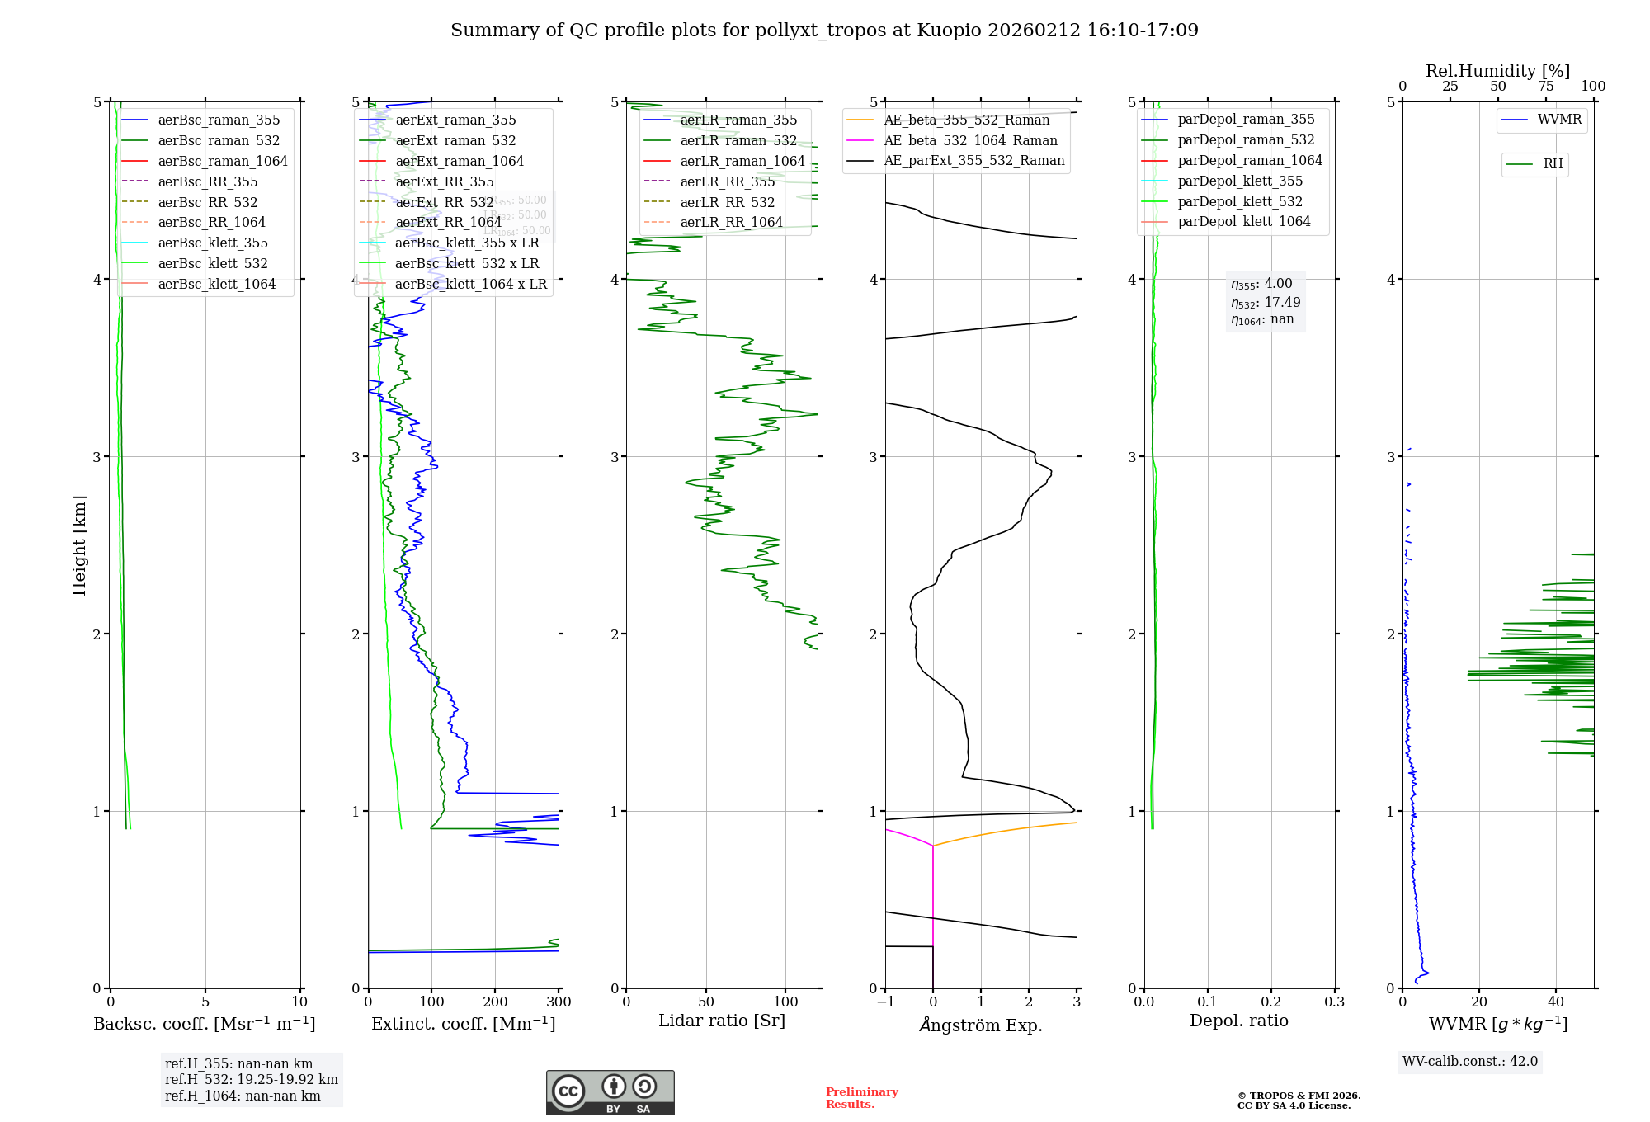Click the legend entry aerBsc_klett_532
(x=213, y=263)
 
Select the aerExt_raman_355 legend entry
(x=455, y=120)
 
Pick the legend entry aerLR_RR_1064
(x=731, y=222)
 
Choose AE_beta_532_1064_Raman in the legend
(x=970, y=140)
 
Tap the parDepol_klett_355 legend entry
(x=1240, y=181)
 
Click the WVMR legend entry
(x=1559, y=120)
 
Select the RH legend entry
(x=1553, y=164)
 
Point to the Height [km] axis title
(x=79, y=544)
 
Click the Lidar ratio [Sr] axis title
(x=722, y=1021)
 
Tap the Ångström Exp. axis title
(x=981, y=1025)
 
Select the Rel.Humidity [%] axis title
(x=1497, y=71)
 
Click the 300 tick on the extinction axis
(x=559, y=1002)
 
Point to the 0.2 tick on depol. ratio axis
(x=1271, y=1002)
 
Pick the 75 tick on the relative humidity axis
(x=1545, y=86)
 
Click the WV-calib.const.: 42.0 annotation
(x=1470, y=1061)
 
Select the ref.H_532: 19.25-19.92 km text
(x=251, y=1079)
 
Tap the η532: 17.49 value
(x=1266, y=303)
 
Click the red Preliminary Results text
(x=861, y=1097)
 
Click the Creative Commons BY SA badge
(x=610, y=1092)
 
